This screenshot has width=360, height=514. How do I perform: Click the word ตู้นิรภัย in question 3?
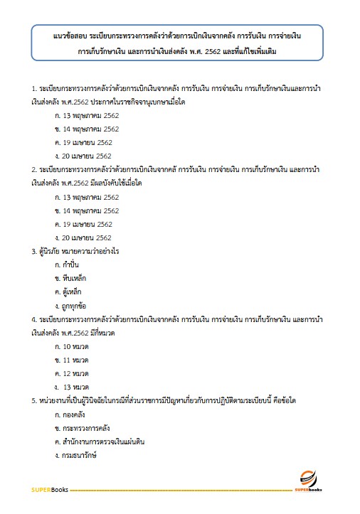pyautogui.click(x=52, y=251)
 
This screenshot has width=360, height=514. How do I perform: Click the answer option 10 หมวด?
pyautogui.click(x=76, y=346)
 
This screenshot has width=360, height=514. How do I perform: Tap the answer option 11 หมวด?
pyautogui.click(x=76, y=360)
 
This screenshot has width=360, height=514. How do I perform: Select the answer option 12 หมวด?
pyautogui.click(x=76, y=373)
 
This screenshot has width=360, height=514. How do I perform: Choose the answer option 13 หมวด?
pyautogui.click(x=77, y=387)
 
